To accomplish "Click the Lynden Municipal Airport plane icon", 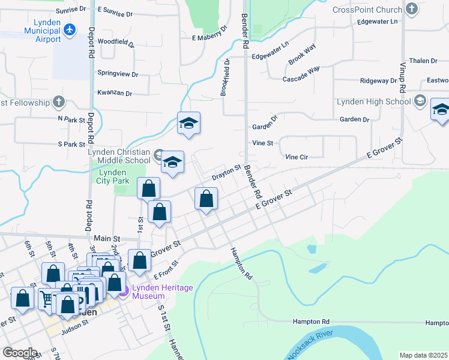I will [70, 29].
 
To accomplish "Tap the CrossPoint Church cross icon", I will [412, 10].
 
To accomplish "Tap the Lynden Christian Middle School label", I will [119, 156].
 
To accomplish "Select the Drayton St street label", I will [226, 173].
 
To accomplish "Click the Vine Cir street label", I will [297, 157].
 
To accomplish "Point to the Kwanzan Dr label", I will [114, 93].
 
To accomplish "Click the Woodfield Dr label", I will [115, 42].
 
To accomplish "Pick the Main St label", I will [107, 238].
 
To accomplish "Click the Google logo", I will [19, 353].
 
